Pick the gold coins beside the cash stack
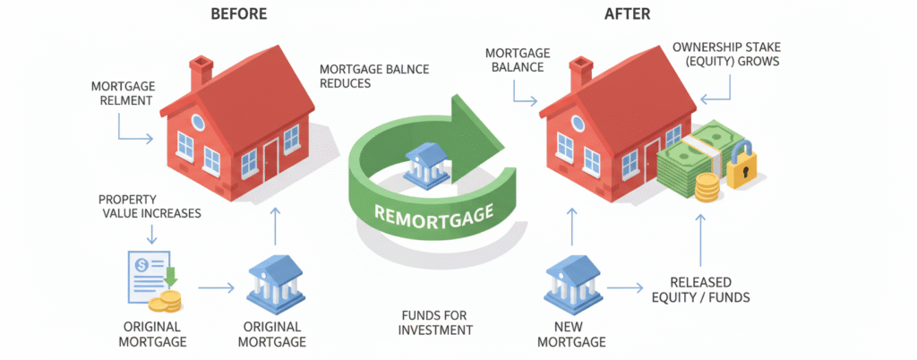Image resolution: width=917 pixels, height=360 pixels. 707,189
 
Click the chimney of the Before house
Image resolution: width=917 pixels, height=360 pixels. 201,72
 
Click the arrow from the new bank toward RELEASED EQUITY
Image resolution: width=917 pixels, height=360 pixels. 625,288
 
